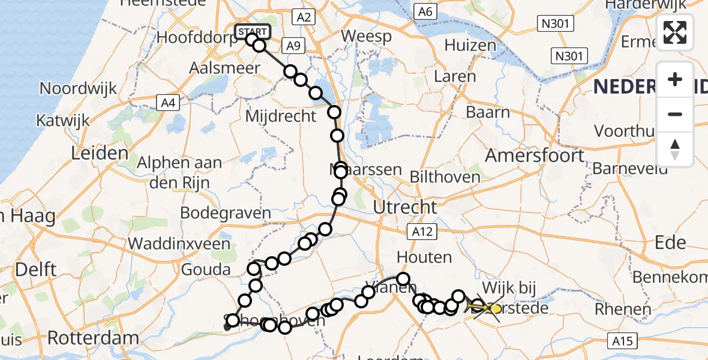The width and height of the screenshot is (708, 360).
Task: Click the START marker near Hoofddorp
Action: click(x=253, y=32)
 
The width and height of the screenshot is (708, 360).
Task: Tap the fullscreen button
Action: click(x=675, y=32)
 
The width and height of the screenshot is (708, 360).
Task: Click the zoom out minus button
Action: click(x=675, y=114)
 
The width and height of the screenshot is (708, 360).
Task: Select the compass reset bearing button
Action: click(x=675, y=149)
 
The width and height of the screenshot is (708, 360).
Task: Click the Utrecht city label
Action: click(x=405, y=208)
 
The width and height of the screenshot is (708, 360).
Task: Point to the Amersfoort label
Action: click(x=535, y=155)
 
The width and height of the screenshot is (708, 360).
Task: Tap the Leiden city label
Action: click(x=100, y=153)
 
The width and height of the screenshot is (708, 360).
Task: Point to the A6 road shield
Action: click(x=425, y=11)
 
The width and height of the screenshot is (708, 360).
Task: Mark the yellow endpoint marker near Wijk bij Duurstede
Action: click(x=496, y=308)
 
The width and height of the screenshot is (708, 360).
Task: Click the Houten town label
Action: click(x=424, y=258)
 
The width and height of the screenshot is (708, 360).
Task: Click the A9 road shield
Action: click(x=293, y=45)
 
